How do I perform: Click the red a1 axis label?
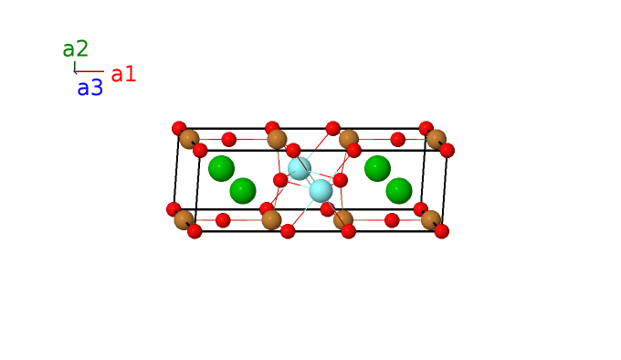point(123,74)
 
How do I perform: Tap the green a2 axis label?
point(75,49)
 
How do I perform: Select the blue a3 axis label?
point(89,88)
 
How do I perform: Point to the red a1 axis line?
point(89,71)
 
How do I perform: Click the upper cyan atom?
point(300,168)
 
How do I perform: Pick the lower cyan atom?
point(321,191)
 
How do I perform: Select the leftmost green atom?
point(221,168)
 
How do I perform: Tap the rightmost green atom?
point(399,191)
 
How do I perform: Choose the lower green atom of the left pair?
point(243,191)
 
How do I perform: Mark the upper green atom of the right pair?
point(377,168)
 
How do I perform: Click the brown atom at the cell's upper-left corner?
point(189,140)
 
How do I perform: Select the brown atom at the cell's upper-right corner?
point(437,140)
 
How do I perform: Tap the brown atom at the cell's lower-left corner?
point(184,220)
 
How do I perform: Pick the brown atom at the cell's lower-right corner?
point(431,220)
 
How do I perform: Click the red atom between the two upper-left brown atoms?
point(229,140)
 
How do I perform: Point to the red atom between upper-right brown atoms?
point(397,140)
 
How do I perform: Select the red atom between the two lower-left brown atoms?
point(223,220)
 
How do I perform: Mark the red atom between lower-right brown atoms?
point(392,220)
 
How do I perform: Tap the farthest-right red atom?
point(447,151)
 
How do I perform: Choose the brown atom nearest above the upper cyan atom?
point(277,140)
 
